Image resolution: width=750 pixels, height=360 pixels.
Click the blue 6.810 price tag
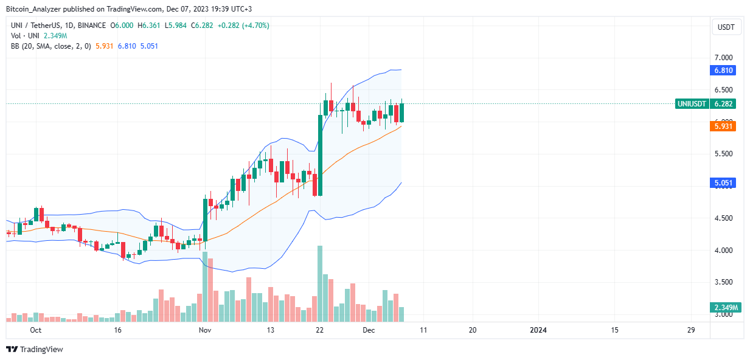click(724, 71)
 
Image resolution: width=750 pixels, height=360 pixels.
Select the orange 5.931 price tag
click(724, 126)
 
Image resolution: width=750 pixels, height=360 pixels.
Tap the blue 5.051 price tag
click(724, 182)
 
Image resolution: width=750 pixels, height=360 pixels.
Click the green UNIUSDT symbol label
click(692, 104)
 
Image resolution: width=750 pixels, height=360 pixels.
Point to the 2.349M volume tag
click(724, 308)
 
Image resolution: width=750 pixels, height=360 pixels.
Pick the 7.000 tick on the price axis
click(724, 57)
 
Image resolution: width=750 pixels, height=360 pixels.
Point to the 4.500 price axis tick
click(724, 218)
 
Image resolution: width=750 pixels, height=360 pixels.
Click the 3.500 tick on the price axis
click(724, 282)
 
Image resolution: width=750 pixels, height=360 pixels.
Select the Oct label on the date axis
click(35, 330)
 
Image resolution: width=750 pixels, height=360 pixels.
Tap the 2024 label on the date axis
click(538, 330)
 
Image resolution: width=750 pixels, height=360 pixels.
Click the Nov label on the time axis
click(204, 330)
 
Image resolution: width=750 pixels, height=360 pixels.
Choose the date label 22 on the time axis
click(319, 330)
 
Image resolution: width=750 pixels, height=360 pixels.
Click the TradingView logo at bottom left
click(35, 349)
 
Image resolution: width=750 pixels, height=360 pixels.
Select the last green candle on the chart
click(401, 112)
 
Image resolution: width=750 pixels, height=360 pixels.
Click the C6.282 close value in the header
click(203, 26)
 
